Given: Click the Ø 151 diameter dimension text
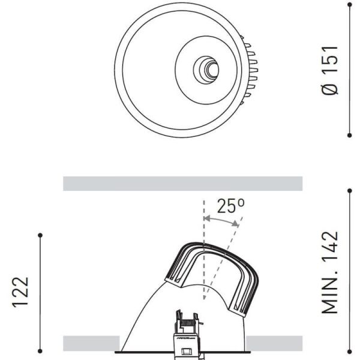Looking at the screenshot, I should pyautogui.click(x=330, y=70).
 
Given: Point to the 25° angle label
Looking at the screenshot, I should pyautogui.click(x=230, y=207).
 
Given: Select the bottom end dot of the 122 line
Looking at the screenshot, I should pyautogui.click(x=40, y=352).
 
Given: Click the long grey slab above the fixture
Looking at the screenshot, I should pyautogui.click(x=182, y=183).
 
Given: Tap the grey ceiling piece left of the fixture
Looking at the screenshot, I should pyautogui.click(x=90, y=343).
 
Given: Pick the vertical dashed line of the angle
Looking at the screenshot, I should pyautogui.click(x=203, y=252).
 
